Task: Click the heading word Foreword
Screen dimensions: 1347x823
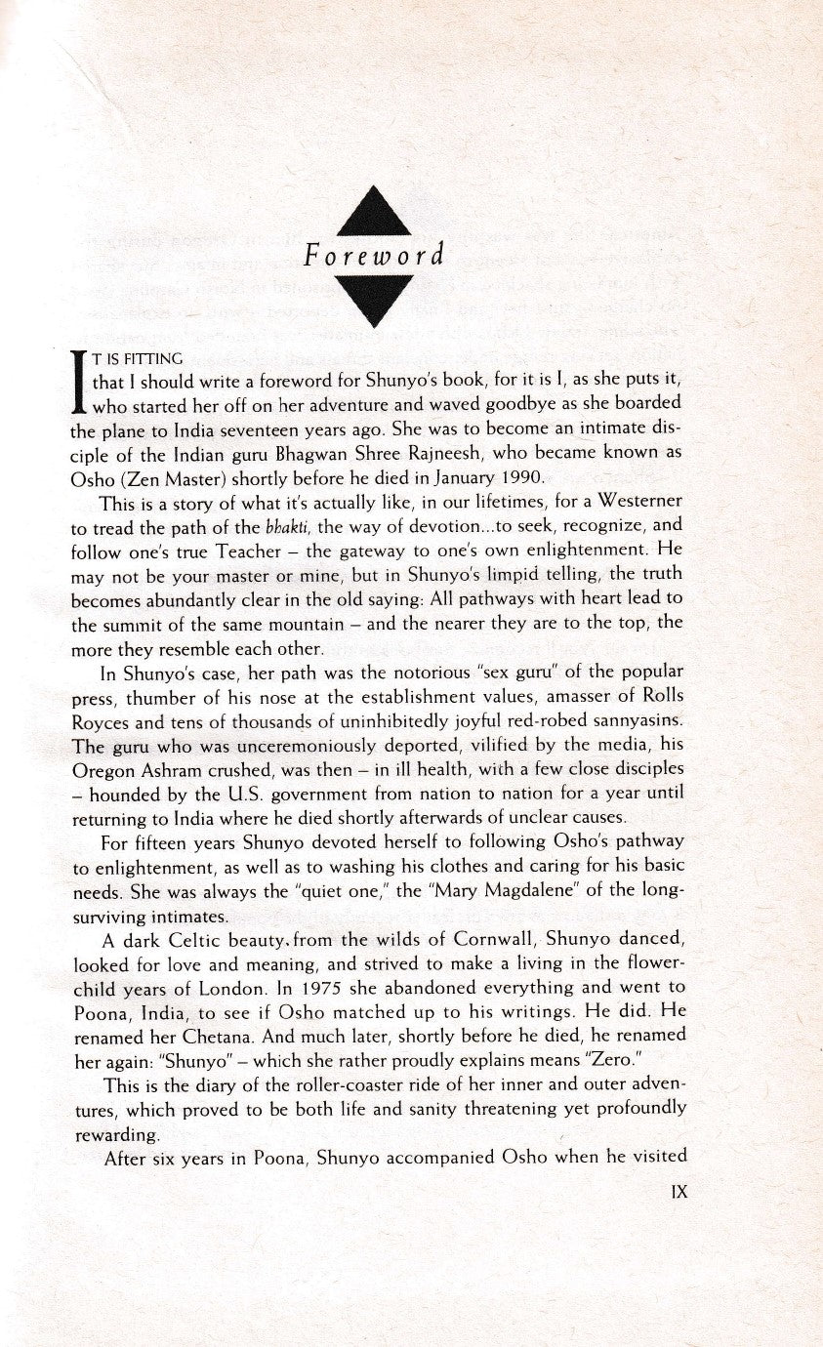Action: pos(374,257)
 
